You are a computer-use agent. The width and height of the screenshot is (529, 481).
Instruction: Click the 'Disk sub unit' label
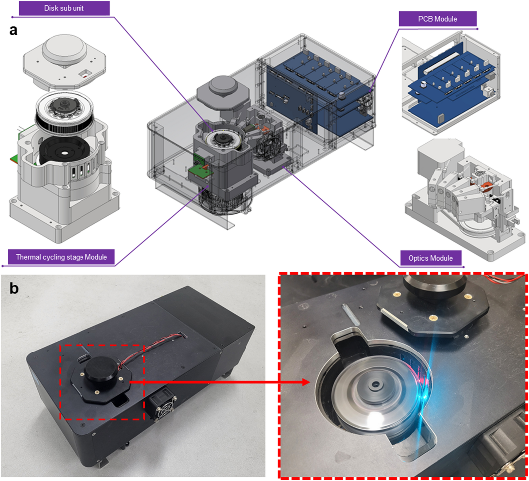(64, 8)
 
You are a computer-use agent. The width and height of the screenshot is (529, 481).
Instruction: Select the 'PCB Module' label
(438, 19)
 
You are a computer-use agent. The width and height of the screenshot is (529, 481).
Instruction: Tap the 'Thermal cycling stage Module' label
(61, 257)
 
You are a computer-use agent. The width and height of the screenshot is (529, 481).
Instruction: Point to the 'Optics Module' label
(431, 258)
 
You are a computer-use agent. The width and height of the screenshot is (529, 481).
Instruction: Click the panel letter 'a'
(13, 30)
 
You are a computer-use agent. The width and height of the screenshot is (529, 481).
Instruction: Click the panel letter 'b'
(14, 288)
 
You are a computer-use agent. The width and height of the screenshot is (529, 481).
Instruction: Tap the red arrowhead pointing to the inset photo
(306, 382)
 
